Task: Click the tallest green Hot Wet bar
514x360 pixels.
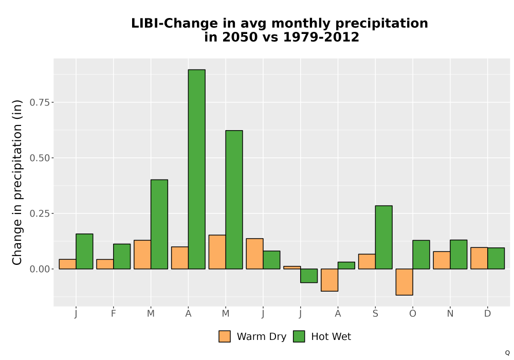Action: [197, 169]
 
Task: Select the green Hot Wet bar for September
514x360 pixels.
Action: [384, 238]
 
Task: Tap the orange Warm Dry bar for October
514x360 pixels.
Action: [404, 282]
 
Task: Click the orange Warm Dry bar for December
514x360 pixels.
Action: [479, 258]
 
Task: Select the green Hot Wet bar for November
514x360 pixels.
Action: [458, 255]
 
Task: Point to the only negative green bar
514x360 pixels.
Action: [309, 276]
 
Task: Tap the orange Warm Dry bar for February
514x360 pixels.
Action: [105, 264]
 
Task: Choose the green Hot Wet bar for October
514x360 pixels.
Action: [421, 255]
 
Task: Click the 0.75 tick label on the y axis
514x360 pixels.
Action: [40, 103]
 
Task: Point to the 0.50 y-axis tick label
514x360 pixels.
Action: [40, 158]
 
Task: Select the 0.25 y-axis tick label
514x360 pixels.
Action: [40, 213]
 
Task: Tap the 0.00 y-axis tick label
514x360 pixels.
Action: [40, 269]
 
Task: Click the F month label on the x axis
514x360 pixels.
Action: [114, 314]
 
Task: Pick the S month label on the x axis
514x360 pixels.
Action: [375, 314]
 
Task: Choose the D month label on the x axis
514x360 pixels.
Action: [487, 314]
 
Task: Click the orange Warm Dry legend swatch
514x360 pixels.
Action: [225, 336]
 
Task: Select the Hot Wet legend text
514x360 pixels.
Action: [331, 337]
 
